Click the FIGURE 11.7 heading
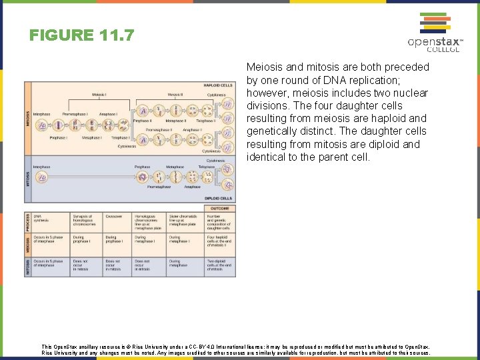(x=82, y=34)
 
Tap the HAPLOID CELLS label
(x=218, y=86)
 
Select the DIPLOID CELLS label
(x=219, y=198)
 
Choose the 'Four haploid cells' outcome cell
(x=220, y=241)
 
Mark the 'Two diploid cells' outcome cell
(x=220, y=265)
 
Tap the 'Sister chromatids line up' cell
(x=183, y=221)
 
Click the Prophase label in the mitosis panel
(x=142, y=167)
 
